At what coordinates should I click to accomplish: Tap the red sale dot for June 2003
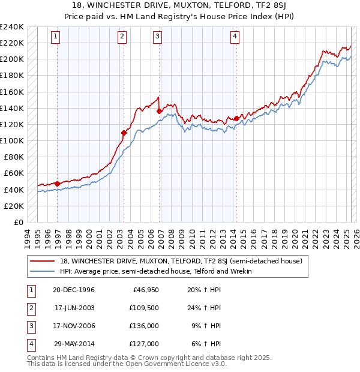124,133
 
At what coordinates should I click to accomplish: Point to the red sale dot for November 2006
159,111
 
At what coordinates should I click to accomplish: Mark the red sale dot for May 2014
236,118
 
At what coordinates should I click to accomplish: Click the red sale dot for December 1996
58,184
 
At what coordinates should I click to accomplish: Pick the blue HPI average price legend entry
155,271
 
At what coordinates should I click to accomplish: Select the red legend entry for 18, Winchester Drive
184,261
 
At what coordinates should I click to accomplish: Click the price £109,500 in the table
145,308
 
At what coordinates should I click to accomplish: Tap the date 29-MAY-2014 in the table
73,344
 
